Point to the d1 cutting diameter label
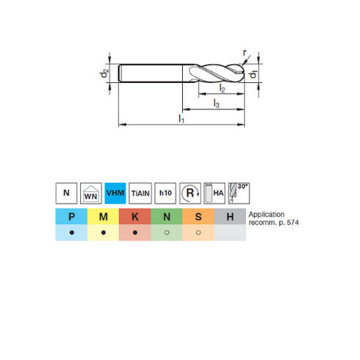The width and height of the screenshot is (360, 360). coord(252,75)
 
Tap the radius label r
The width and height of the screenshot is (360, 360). coord(245,53)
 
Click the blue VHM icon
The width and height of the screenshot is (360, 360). coord(115,193)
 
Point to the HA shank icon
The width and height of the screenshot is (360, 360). coord(214,193)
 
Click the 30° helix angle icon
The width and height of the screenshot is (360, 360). coord(239,193)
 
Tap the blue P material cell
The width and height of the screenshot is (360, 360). coord(71,217)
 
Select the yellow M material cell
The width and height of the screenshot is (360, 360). coord(103,217)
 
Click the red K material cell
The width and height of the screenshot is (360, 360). coord(134,217)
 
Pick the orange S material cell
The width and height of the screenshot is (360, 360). coord(198,217)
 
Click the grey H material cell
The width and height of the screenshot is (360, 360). coord(230,217)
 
